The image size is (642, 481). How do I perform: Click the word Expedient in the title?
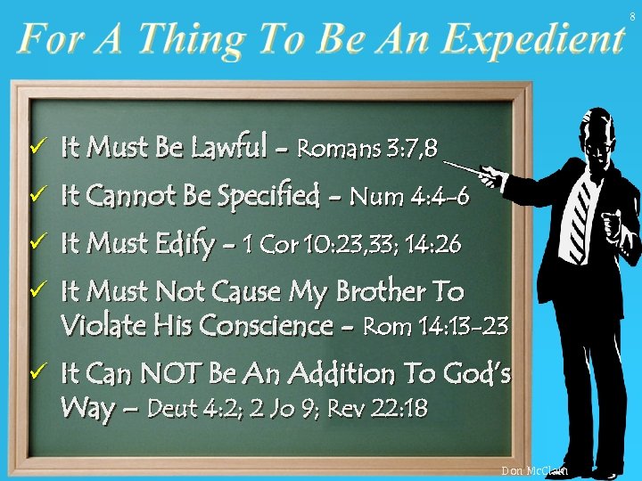(x=532, y=39)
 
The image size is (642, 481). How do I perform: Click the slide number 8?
(x=632, y=17)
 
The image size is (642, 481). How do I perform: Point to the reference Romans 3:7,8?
(x=366, y=149)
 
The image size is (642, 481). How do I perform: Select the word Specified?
(x=269, y=196)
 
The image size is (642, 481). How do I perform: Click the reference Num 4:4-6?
(x=409, y=196)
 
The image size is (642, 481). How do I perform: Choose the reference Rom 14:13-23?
(x=436, y=328)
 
